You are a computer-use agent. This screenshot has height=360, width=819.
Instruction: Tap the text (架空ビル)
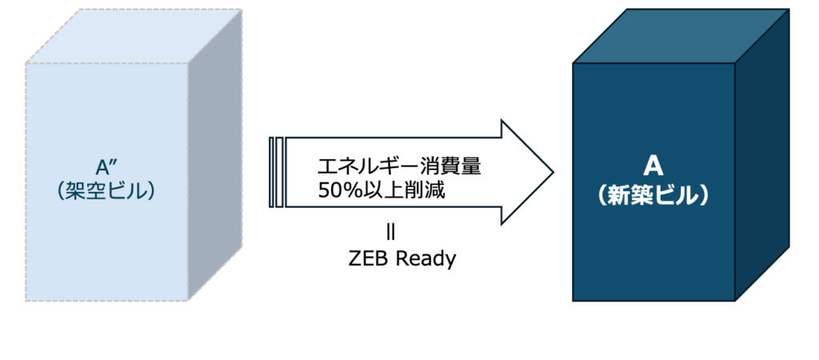click(106, 192)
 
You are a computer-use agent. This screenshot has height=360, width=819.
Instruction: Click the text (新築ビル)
click(653, 196)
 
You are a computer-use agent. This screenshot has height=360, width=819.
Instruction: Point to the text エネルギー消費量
click(399, 168)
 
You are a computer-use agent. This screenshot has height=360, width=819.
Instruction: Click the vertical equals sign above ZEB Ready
click(390, 233)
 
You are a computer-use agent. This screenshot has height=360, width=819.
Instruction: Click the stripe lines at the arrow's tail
click(276, 172)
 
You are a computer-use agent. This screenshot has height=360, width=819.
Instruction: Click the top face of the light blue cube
click(132, 36)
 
